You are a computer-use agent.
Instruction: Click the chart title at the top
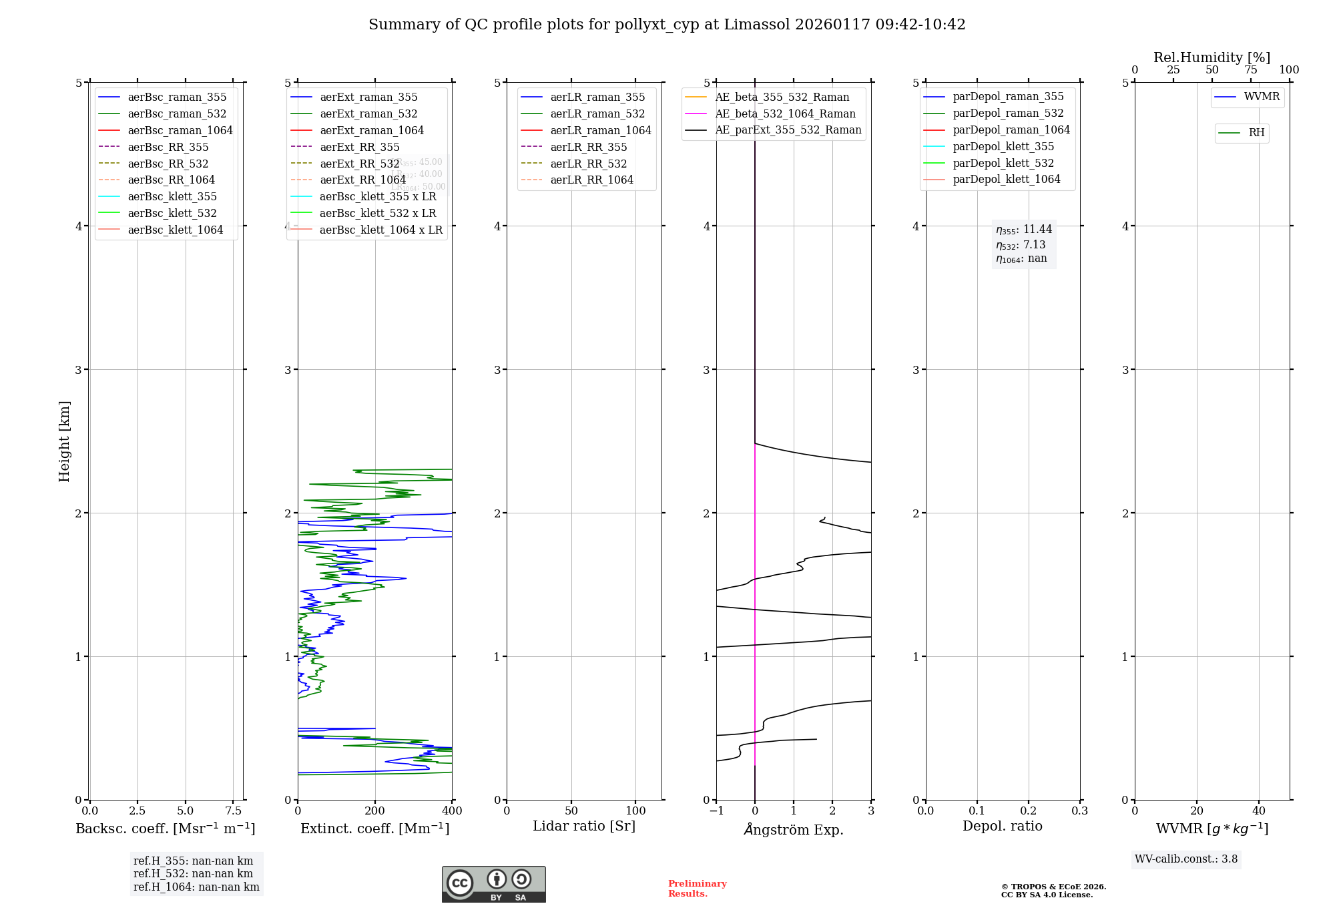coord(667,25)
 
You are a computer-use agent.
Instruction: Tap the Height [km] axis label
coord(64,441)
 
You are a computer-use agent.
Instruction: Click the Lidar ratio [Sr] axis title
coord(584,827)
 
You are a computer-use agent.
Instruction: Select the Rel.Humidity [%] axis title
coord(1212,58)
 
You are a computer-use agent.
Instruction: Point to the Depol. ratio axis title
coord(1002,827)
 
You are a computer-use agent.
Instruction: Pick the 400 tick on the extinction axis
coord(452,811)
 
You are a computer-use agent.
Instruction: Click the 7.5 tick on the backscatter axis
coord(233,811)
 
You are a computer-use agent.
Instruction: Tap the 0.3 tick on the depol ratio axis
coord(1079,811)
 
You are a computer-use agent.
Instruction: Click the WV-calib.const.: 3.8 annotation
coord(1186,859)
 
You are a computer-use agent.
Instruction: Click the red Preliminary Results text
coord(697,889)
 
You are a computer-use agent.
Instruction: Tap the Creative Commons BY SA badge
coord(493,885)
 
